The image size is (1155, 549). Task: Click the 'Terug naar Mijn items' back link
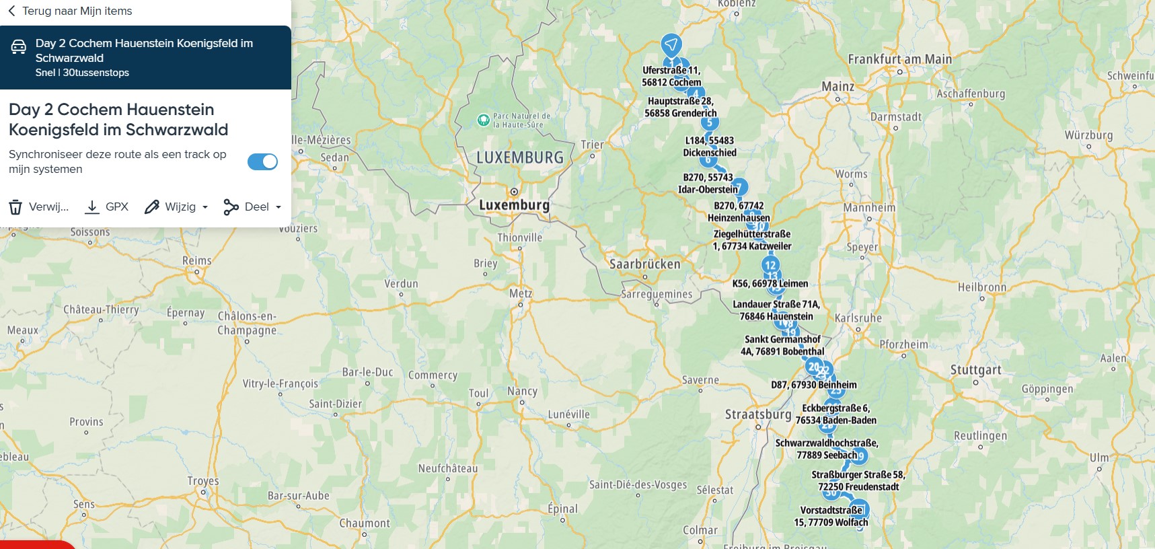coord(70,11)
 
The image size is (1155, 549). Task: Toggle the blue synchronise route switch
coord(262,161)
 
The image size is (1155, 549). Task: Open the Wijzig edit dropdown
coord(177,207)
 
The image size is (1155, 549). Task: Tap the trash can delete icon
coord(15,207)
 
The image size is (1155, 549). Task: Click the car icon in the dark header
coord(19,47)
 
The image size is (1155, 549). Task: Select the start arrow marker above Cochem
coord(671,45)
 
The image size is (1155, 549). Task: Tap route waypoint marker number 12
coord(770,264)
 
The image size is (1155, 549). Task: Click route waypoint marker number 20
coord(813,367)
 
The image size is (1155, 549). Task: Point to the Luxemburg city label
coord(514,205)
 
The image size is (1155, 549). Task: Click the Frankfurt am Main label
coord(899,59)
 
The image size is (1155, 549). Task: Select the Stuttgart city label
coord(975,370)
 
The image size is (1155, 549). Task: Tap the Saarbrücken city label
coord(644,264)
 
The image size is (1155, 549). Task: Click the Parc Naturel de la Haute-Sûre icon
coord(483,120)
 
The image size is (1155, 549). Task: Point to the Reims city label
coord(196,260)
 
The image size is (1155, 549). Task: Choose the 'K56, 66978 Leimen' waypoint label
coord(770,283)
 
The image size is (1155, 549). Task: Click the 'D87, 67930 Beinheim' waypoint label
coord(813,385)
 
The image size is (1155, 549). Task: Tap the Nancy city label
coord(522,391)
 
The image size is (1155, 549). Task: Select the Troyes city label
coord(202,480)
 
